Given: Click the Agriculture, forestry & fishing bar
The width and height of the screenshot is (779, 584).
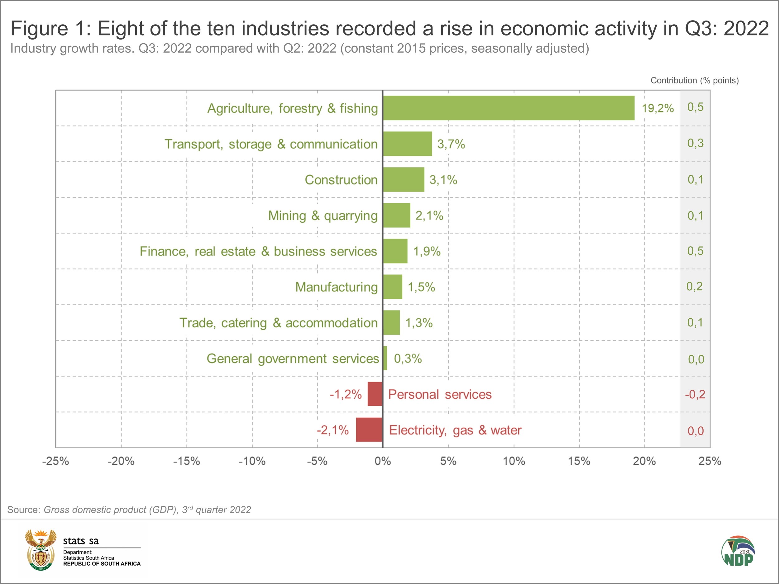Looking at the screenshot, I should click(x=509, y=108).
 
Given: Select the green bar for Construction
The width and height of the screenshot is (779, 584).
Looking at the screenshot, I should click(x=404, y=179).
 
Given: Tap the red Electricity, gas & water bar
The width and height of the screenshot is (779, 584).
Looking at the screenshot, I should click(x=369, y=430).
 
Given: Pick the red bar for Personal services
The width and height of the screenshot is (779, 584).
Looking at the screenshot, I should click(x=375, y=394).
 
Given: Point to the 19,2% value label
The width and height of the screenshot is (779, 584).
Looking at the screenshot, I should click(x=657, y=108).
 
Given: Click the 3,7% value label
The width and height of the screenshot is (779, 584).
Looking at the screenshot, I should click(x=451, y=144).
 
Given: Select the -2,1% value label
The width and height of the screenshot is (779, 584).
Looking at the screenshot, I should click(x=332, y=430).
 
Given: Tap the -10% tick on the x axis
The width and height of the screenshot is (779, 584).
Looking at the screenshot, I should click(x=252, y=461).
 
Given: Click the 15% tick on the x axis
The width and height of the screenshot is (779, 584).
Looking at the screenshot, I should click(x=579, y=461).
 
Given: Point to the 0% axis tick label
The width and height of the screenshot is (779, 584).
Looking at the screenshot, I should click(x=383, y=461).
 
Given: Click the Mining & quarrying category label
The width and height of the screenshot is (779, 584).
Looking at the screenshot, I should click(x=323, y=216).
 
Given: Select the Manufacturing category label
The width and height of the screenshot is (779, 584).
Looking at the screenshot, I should click(x=336, y=287).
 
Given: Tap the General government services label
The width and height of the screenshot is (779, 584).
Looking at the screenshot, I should click(x=293, y=359).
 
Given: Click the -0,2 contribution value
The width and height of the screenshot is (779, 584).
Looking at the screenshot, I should click(x=695, y=394).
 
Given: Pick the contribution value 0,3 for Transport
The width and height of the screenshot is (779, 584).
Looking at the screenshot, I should click(x=695, y=143).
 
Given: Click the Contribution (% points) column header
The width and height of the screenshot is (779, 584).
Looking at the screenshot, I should click(x=695, y=80).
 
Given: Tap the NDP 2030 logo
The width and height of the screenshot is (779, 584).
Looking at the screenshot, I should click(x=738, y=551).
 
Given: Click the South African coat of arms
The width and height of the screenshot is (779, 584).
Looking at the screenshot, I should click(x=41, y=549).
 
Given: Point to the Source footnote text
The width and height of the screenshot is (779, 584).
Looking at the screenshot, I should click(x=129, y=510).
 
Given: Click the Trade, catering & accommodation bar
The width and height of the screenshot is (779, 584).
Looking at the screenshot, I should click(x=391, y=322).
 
